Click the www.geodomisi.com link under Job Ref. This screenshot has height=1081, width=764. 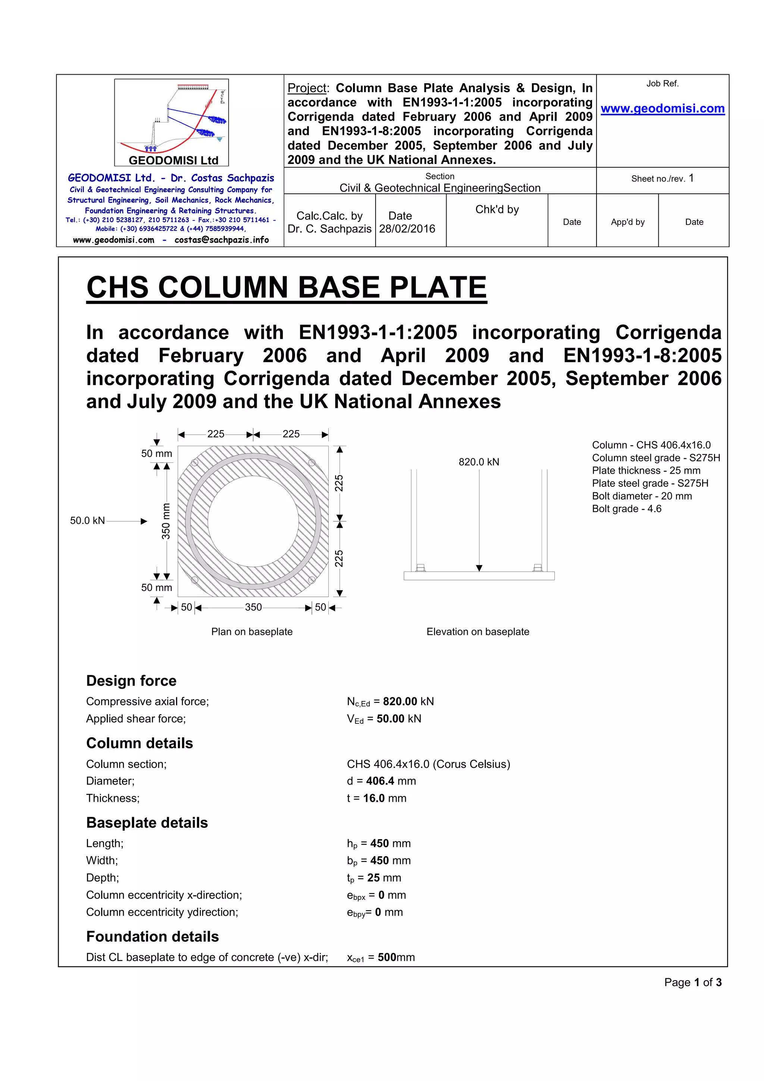pyautogui.click(x=663, y=109)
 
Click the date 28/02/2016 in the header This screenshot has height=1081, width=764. pyautogui.click(x=407, y=229)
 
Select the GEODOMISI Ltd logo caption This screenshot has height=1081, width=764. pyautogui.click(x=173, y=160)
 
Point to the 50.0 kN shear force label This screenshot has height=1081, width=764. pyautogui.click(x=88, y=521)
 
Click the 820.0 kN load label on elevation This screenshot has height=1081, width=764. pyautogui.click(x=479, y=462)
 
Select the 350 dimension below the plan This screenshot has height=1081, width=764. pyautogui.click(x=253, y=607)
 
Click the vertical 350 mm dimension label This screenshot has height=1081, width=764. pyautogui.click(x=166, y=521)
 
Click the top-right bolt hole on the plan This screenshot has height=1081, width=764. pyautogui.click(x=311, y=463)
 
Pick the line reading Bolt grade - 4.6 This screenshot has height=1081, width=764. pyautogui.click(x=627, y=509)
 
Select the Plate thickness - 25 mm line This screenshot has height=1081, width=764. pyautogui.click(x=646, y=471)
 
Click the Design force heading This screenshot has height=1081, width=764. pyautogui.click(x=131, y=681)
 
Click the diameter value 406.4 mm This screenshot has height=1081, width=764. pyautogui.click(x=391, y=781)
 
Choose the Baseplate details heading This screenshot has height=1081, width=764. pyautogui.click(x=147, y=823)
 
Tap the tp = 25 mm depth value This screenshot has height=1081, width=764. pyautogui.click(x=374, y=878)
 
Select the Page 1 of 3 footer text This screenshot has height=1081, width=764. pyautogui.click(x=692, y=982)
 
